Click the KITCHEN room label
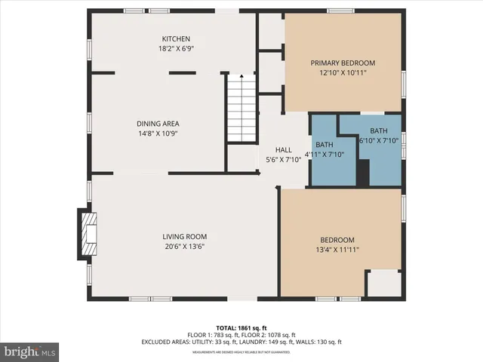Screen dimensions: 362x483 point(176,39)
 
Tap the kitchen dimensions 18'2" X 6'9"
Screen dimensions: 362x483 point(176,49)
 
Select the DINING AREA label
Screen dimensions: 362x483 point(158,124)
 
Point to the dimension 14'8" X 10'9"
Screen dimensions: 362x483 point(158,133)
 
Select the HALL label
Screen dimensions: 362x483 point(283,149)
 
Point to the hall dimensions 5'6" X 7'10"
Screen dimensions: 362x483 point(283,159)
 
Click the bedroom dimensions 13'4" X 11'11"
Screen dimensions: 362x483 point(337,250)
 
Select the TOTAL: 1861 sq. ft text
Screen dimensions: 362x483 point(241,328)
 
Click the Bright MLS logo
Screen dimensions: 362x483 point(30,351)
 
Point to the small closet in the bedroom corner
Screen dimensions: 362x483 point(383,284)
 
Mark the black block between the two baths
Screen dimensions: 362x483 point(363,174)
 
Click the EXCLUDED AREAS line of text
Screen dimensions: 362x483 point(241,342)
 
